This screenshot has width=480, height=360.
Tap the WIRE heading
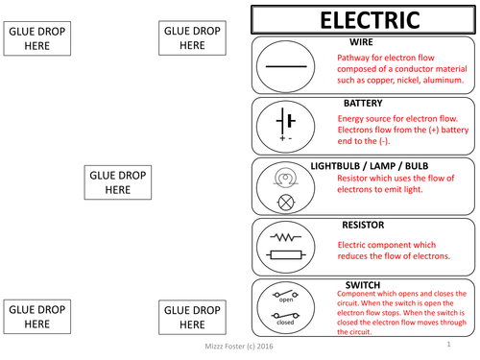click(x=362, y=43)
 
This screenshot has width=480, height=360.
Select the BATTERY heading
click(x=363, y=102)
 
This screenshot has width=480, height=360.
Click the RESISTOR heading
click(x=363, y=225)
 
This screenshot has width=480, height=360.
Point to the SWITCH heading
click(x=362, y=284)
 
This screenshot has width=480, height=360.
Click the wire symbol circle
click(x=285, y=65)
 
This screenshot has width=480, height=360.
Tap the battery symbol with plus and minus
click(x=285, y=124)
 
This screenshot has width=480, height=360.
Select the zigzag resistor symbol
click(x=285, y=235)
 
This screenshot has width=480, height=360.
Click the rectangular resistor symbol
click(x=285, y=254)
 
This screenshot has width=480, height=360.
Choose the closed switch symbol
click(x=284, y=316)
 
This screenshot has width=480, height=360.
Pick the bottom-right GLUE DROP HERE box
click(x=192, y=318)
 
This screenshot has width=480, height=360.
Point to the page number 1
click(x=447, y=342)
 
